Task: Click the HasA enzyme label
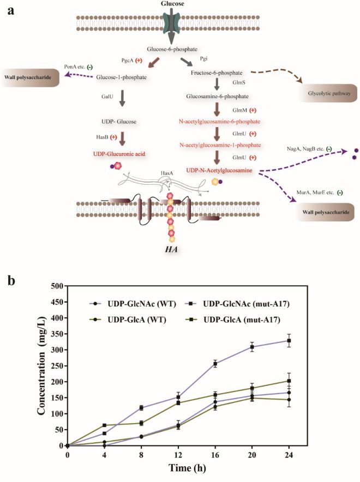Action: [x=168, y=173]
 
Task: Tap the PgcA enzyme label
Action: [x=128, y=60]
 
